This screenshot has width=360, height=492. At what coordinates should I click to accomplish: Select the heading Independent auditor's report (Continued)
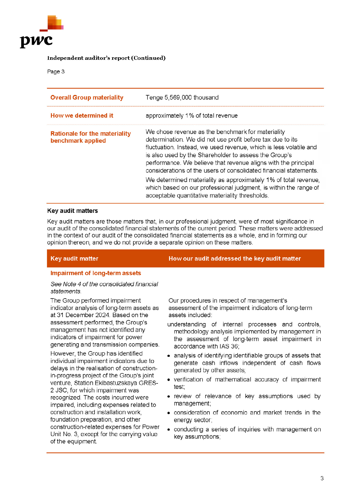pyautogui.click(x=106, y=58)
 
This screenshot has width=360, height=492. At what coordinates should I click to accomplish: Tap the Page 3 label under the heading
pyautogui.click(x=56, y=71)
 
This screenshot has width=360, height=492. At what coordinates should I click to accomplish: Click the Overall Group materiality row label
pyautogui.click(x=87, y=97)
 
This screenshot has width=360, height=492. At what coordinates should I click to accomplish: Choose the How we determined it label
pyautogui.click(x=82, y=115)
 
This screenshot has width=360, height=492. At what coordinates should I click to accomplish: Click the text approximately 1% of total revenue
pyautogui.click(x=191, y=115)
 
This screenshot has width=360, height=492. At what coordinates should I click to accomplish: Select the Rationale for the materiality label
pyautogui.click(x=91, y=133)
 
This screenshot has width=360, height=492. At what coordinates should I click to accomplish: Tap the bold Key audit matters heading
pyautogui.click(x=73, y=211)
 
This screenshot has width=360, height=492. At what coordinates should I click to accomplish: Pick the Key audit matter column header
pyautogui.click(x=74, y=258)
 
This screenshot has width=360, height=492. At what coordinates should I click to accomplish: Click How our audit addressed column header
pyautogui.click(x=235, y=258)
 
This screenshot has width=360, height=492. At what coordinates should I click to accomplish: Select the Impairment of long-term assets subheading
pyautogui.click(x=96, y=273)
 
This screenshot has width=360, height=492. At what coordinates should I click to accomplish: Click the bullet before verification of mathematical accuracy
pyautogui.click(x=169, y=380)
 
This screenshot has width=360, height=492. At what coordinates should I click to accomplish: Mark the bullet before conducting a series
pyautogui.click(x=169, y=430)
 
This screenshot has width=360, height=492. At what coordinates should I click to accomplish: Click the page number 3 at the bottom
pyautogui.click(x=322, y=478)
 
